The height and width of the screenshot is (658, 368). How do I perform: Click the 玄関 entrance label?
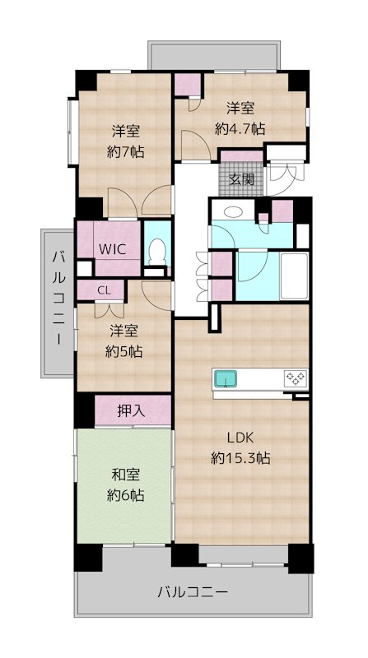pyautogui.click(x=241, y=179)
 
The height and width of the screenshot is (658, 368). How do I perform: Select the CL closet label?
pyautogui.click(x=105, y=290)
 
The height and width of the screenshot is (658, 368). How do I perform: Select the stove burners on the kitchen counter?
pyautogui.click(x=295, y=379)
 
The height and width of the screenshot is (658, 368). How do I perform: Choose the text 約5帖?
pyautogui.click(x=126, y=351)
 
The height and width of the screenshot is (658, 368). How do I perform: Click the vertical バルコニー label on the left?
pyautogui.click(x=58, y=301)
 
